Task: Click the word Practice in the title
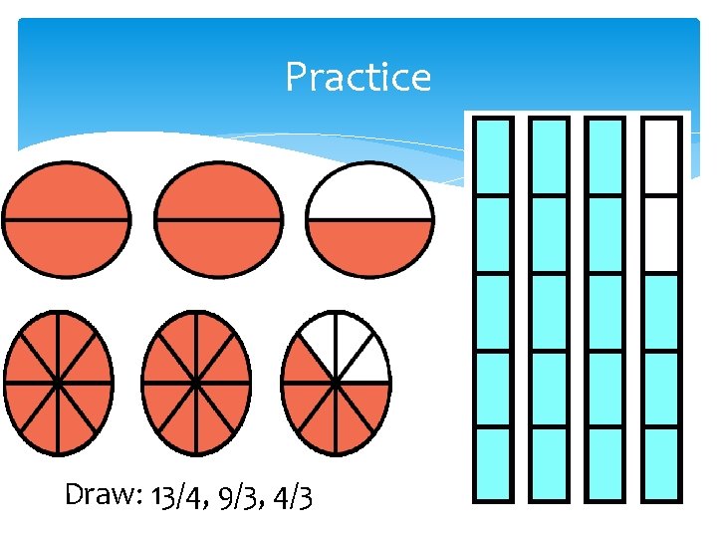[358, 77]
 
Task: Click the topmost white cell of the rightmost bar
[662, 156]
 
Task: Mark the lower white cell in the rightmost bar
[662, 234]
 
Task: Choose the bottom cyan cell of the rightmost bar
[662, 463]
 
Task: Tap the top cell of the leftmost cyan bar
[492, 156]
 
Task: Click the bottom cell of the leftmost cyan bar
[492, 463]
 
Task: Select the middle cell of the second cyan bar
[549, 311]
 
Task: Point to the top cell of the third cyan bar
[605, 156]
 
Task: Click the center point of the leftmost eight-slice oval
[58, 382]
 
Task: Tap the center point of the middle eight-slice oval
[196, 382]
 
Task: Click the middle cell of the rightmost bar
[662, 311]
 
